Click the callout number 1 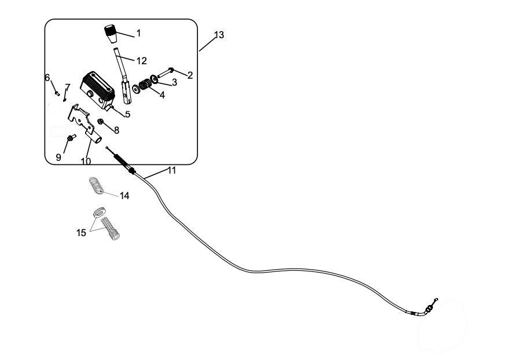(x=138, y=34)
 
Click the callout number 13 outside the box (x=219, y=35)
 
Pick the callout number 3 (x=174, y=82)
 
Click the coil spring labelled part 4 (x=146, y=86)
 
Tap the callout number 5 (x=127, y=114)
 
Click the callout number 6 (x=47, y=78)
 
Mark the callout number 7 (x=68, y=87)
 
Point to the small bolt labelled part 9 (x=71, y=138)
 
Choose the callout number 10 (x=86, y=161)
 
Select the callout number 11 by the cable (x=171, y=170)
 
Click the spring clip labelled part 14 (x=98, y=185)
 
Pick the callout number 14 (x=124, y=196)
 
